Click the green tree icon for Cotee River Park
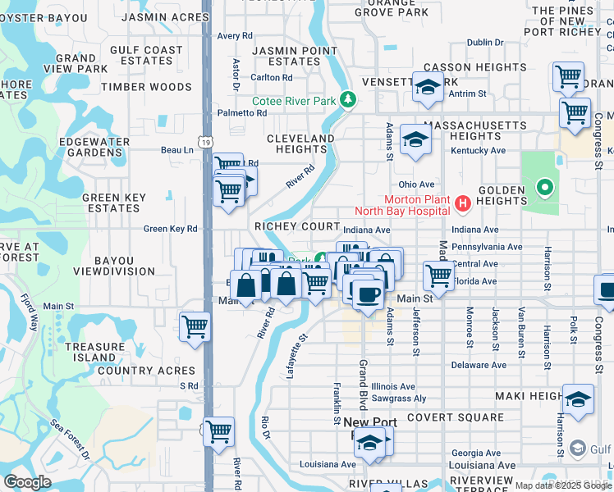pos(349,100)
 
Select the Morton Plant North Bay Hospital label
pos(419,207)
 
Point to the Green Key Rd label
pos(171,230)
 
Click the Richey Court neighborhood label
pos(297,226)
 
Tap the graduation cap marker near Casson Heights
pos(428,87)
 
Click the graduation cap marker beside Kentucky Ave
pos(415,141)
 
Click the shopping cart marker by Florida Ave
pos(439,276)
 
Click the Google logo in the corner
pos(27,482)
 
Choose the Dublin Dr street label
pos(484,43)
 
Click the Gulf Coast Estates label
pos(146,55)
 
